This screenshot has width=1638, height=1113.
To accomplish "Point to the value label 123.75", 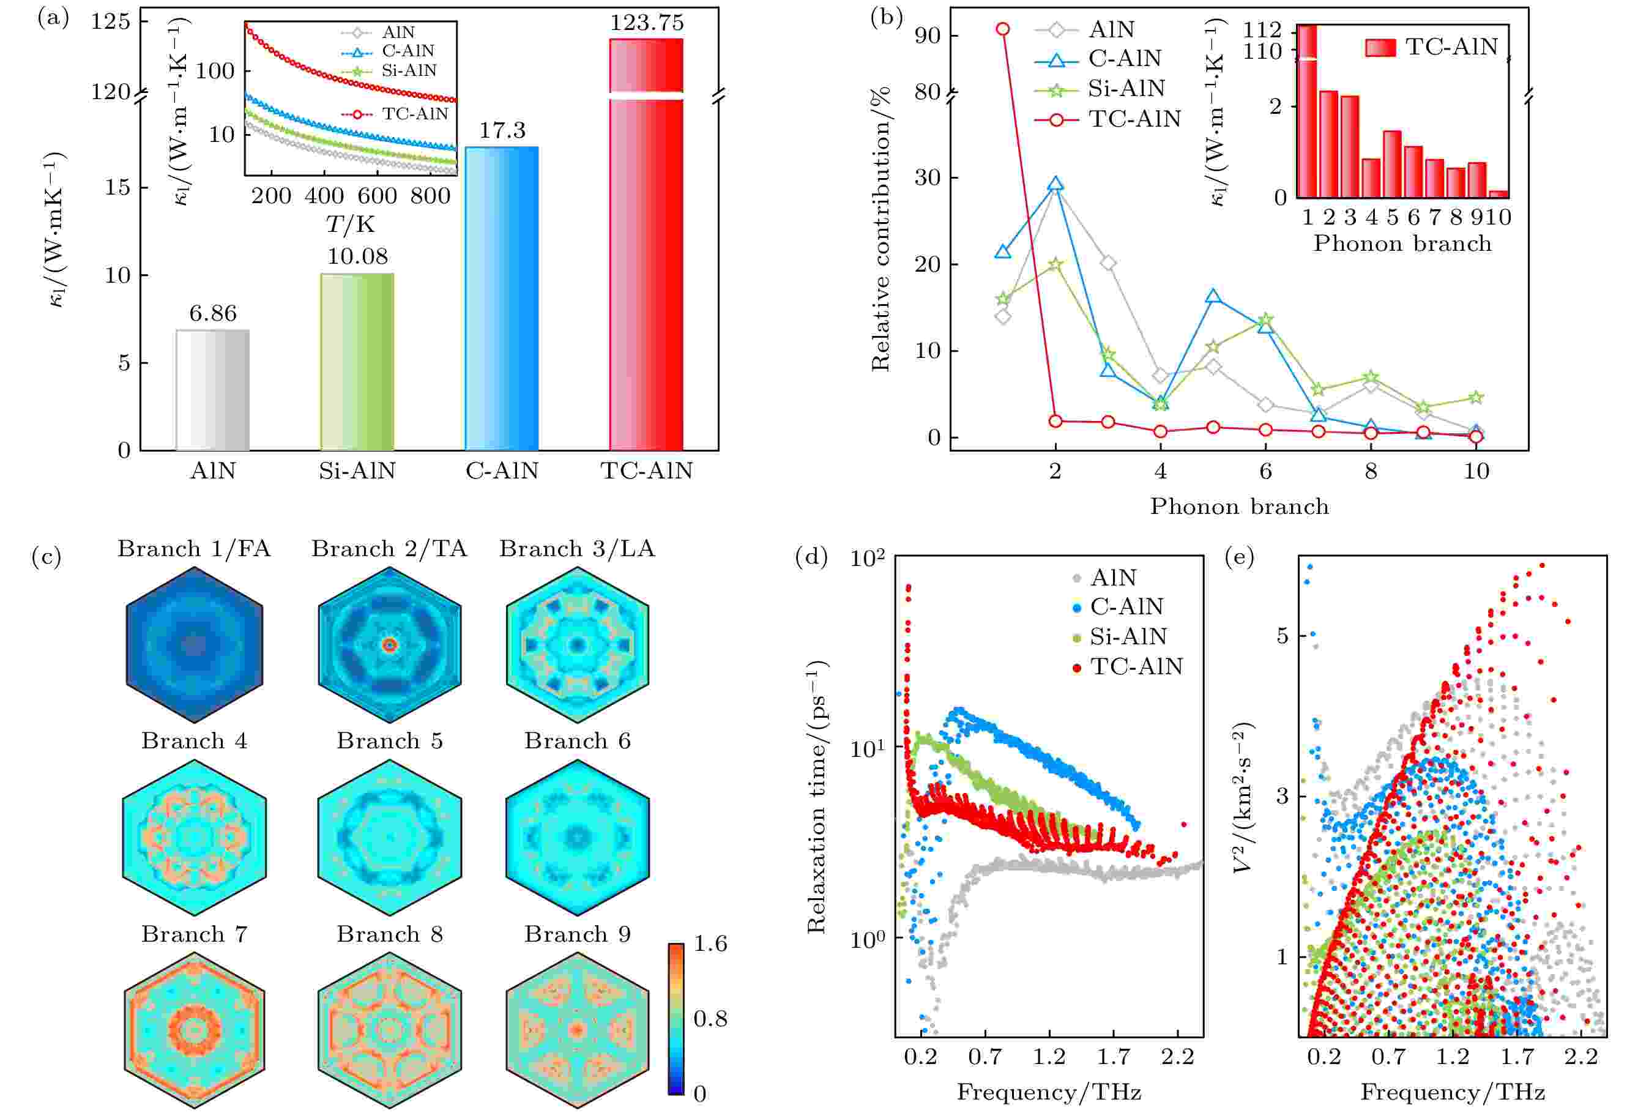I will (x=646, y=23).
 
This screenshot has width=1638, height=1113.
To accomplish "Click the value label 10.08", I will (x=357, y=256).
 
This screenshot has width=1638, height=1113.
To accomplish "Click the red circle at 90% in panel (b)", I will (x=1003, y=29).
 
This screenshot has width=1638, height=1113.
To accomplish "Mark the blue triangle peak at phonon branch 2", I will (x=1055, y=185).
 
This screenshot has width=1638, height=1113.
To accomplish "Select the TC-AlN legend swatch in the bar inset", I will (x=1380, y=47).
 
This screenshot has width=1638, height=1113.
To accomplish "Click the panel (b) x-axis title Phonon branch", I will (x=1239, y=506).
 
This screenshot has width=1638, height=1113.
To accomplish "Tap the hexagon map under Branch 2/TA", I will (x=389, y=644).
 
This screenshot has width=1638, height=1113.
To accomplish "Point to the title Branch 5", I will (x=389, y=741).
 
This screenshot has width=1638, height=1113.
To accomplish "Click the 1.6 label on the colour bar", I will (x=710, y=944).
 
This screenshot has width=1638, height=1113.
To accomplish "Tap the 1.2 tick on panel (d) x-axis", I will (x=1049, y=1057).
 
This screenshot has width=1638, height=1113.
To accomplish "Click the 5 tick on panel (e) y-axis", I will (x=1282, y=636).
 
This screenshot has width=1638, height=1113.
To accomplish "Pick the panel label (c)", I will (x=47, y=557).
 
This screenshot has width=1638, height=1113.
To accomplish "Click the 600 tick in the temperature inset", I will (x=377, y=195).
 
